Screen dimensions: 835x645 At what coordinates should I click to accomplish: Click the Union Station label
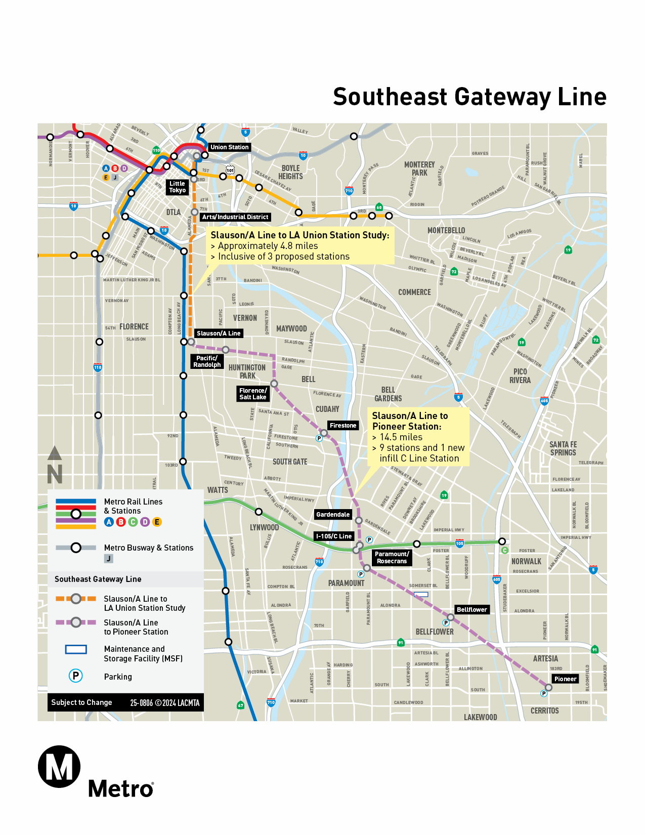229,147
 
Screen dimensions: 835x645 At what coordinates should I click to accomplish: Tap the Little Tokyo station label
178,187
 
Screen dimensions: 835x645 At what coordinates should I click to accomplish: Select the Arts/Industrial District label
235,217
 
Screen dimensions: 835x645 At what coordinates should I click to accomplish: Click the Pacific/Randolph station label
207,361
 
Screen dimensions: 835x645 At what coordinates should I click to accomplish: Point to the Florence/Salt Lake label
252,394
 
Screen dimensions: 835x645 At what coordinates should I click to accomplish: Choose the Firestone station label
343,426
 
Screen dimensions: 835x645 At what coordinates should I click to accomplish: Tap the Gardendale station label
333,515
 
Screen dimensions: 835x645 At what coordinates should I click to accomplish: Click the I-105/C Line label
334,536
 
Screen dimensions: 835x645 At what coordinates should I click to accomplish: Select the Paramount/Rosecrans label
392,558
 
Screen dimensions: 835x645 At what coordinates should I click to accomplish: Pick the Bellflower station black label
471,610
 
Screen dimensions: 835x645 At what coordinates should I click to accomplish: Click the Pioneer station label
565,679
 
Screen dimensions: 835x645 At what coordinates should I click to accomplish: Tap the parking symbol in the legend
76,676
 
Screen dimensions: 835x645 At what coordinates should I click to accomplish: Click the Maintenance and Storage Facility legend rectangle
76,649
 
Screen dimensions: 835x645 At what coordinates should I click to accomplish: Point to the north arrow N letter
55,474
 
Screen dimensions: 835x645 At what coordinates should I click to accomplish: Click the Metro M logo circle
59,767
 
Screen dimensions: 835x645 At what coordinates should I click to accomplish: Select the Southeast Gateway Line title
469,97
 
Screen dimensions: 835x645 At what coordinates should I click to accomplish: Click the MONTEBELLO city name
446,231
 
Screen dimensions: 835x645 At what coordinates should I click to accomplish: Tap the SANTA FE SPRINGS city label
563,448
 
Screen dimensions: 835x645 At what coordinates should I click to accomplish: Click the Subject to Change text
81,702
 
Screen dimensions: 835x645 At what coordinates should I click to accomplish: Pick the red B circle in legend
121,522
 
